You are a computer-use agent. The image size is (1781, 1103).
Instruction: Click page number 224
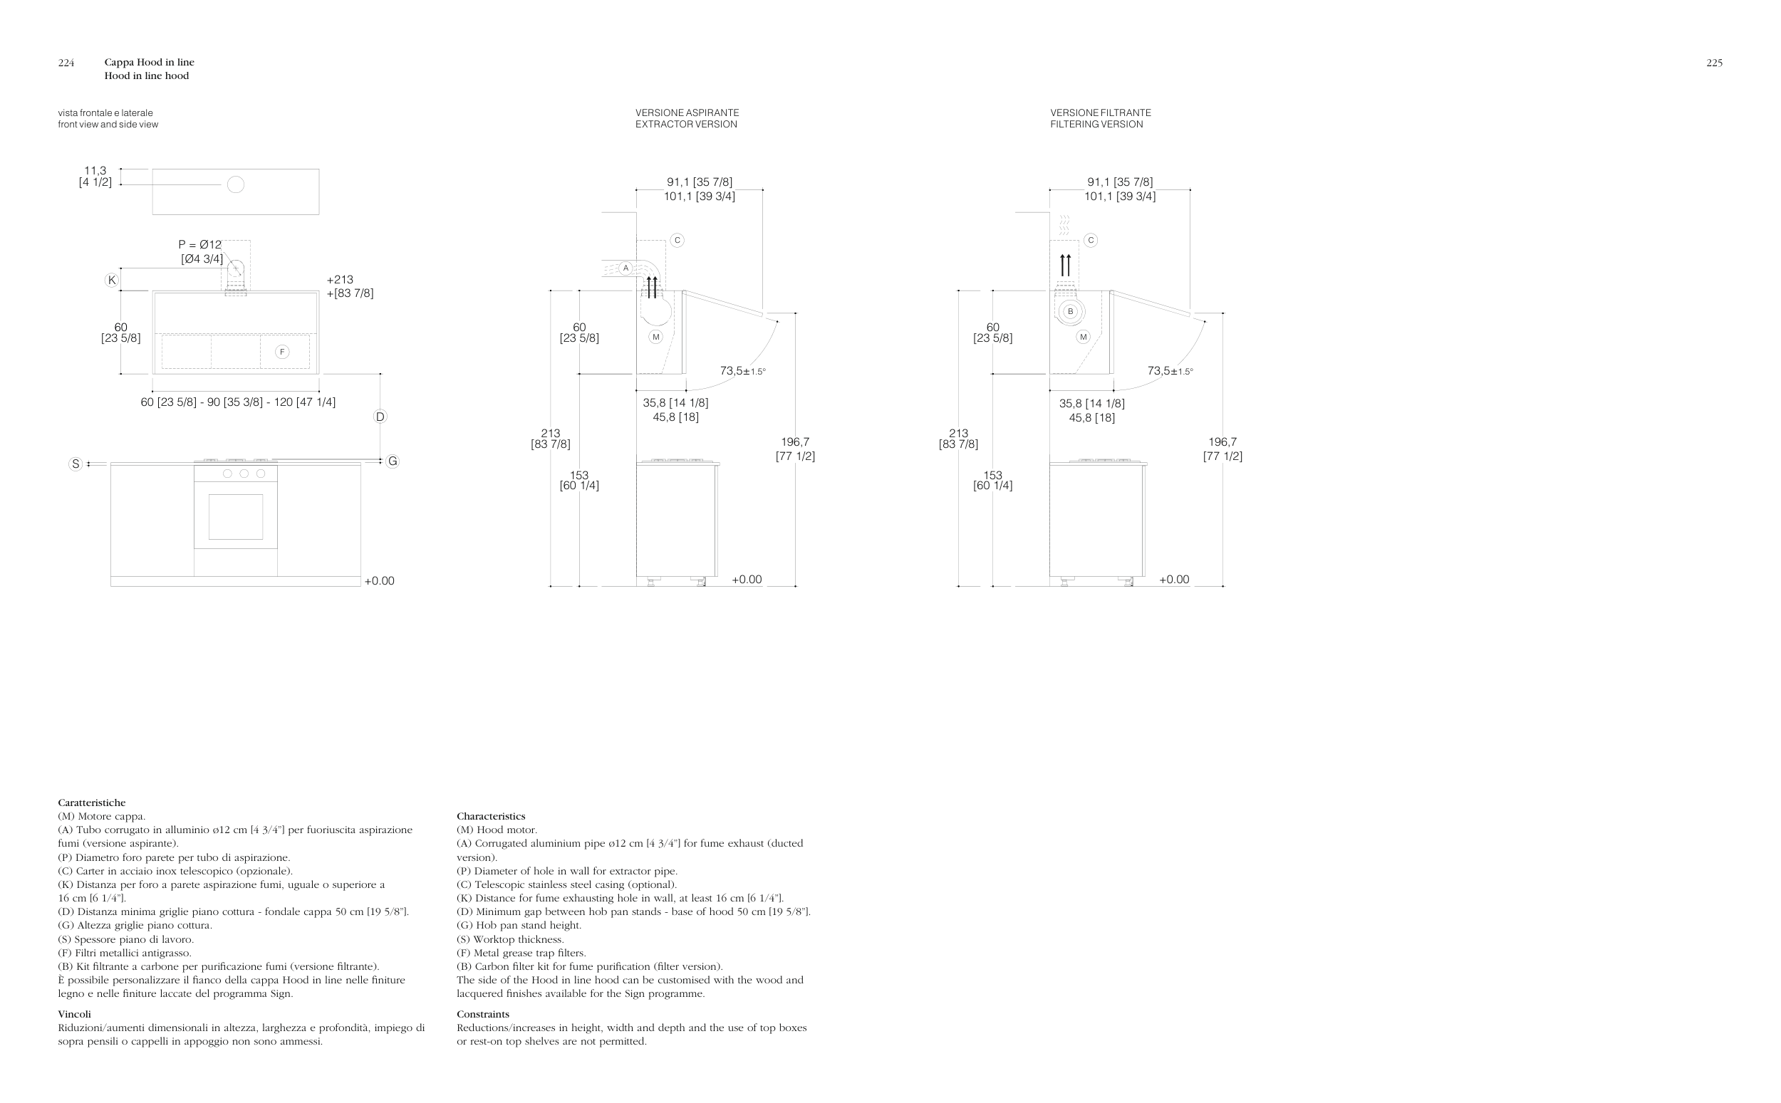[x=66, y=63]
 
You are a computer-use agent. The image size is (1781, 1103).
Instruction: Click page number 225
[x=1714, y=63]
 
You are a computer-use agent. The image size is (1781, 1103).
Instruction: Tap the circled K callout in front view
[x=112, y=280]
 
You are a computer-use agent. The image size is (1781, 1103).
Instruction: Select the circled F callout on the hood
[x=282, y=352]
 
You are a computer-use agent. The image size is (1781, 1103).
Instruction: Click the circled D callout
[x=380, y=417]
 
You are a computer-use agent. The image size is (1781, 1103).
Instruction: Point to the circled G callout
[x=393, y=461]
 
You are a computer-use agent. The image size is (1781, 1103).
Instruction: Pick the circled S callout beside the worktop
[x=75, y=464]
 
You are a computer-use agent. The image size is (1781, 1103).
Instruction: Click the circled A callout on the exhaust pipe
[x=625, y=268]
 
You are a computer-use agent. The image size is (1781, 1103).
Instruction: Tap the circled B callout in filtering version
[x=1070, y=311]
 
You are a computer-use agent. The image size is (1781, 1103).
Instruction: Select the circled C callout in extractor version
[x=677, y=240]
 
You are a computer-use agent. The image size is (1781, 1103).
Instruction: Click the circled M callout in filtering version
[x=1083, y=337]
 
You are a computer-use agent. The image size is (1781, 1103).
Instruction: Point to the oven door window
[x=236, y=517]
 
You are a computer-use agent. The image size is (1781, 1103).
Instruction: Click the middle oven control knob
[x=244, y=474]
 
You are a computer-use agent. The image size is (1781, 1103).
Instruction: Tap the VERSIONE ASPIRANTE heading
[x=687, y=113]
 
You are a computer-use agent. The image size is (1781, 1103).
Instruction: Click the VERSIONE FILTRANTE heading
[x=1100, y=113]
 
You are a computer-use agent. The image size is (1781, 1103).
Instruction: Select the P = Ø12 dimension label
[x=200, y=245]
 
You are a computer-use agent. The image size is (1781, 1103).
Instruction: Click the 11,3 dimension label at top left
[x=95, y=171]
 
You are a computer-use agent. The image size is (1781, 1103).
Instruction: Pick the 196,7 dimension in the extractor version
[x=794, y=442]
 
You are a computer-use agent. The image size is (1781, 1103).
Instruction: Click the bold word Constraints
[x=483, y=1014]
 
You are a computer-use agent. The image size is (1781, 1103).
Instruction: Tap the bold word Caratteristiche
[x=92, y=803]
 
